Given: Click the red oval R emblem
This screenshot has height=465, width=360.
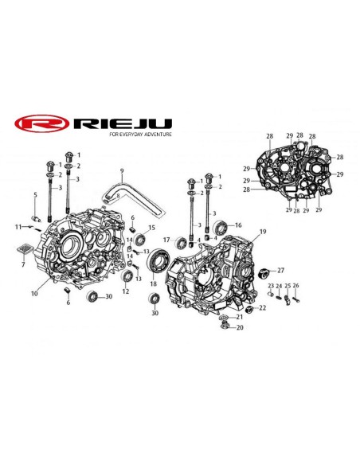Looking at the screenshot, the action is [x=41, y=123].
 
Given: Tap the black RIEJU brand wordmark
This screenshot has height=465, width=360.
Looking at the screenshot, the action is [x=123, y=123].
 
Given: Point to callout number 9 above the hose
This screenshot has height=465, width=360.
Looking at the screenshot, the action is [x=122, y=170].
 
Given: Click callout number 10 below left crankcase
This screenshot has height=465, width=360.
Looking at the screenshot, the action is [x=34, y=294].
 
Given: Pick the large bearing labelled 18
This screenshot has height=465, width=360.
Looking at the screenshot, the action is [x=158, y=260].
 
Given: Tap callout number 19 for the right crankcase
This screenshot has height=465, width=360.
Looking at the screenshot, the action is [x=263, y=232].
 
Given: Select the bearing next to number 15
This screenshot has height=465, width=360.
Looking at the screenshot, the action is [x=139, y=239].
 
